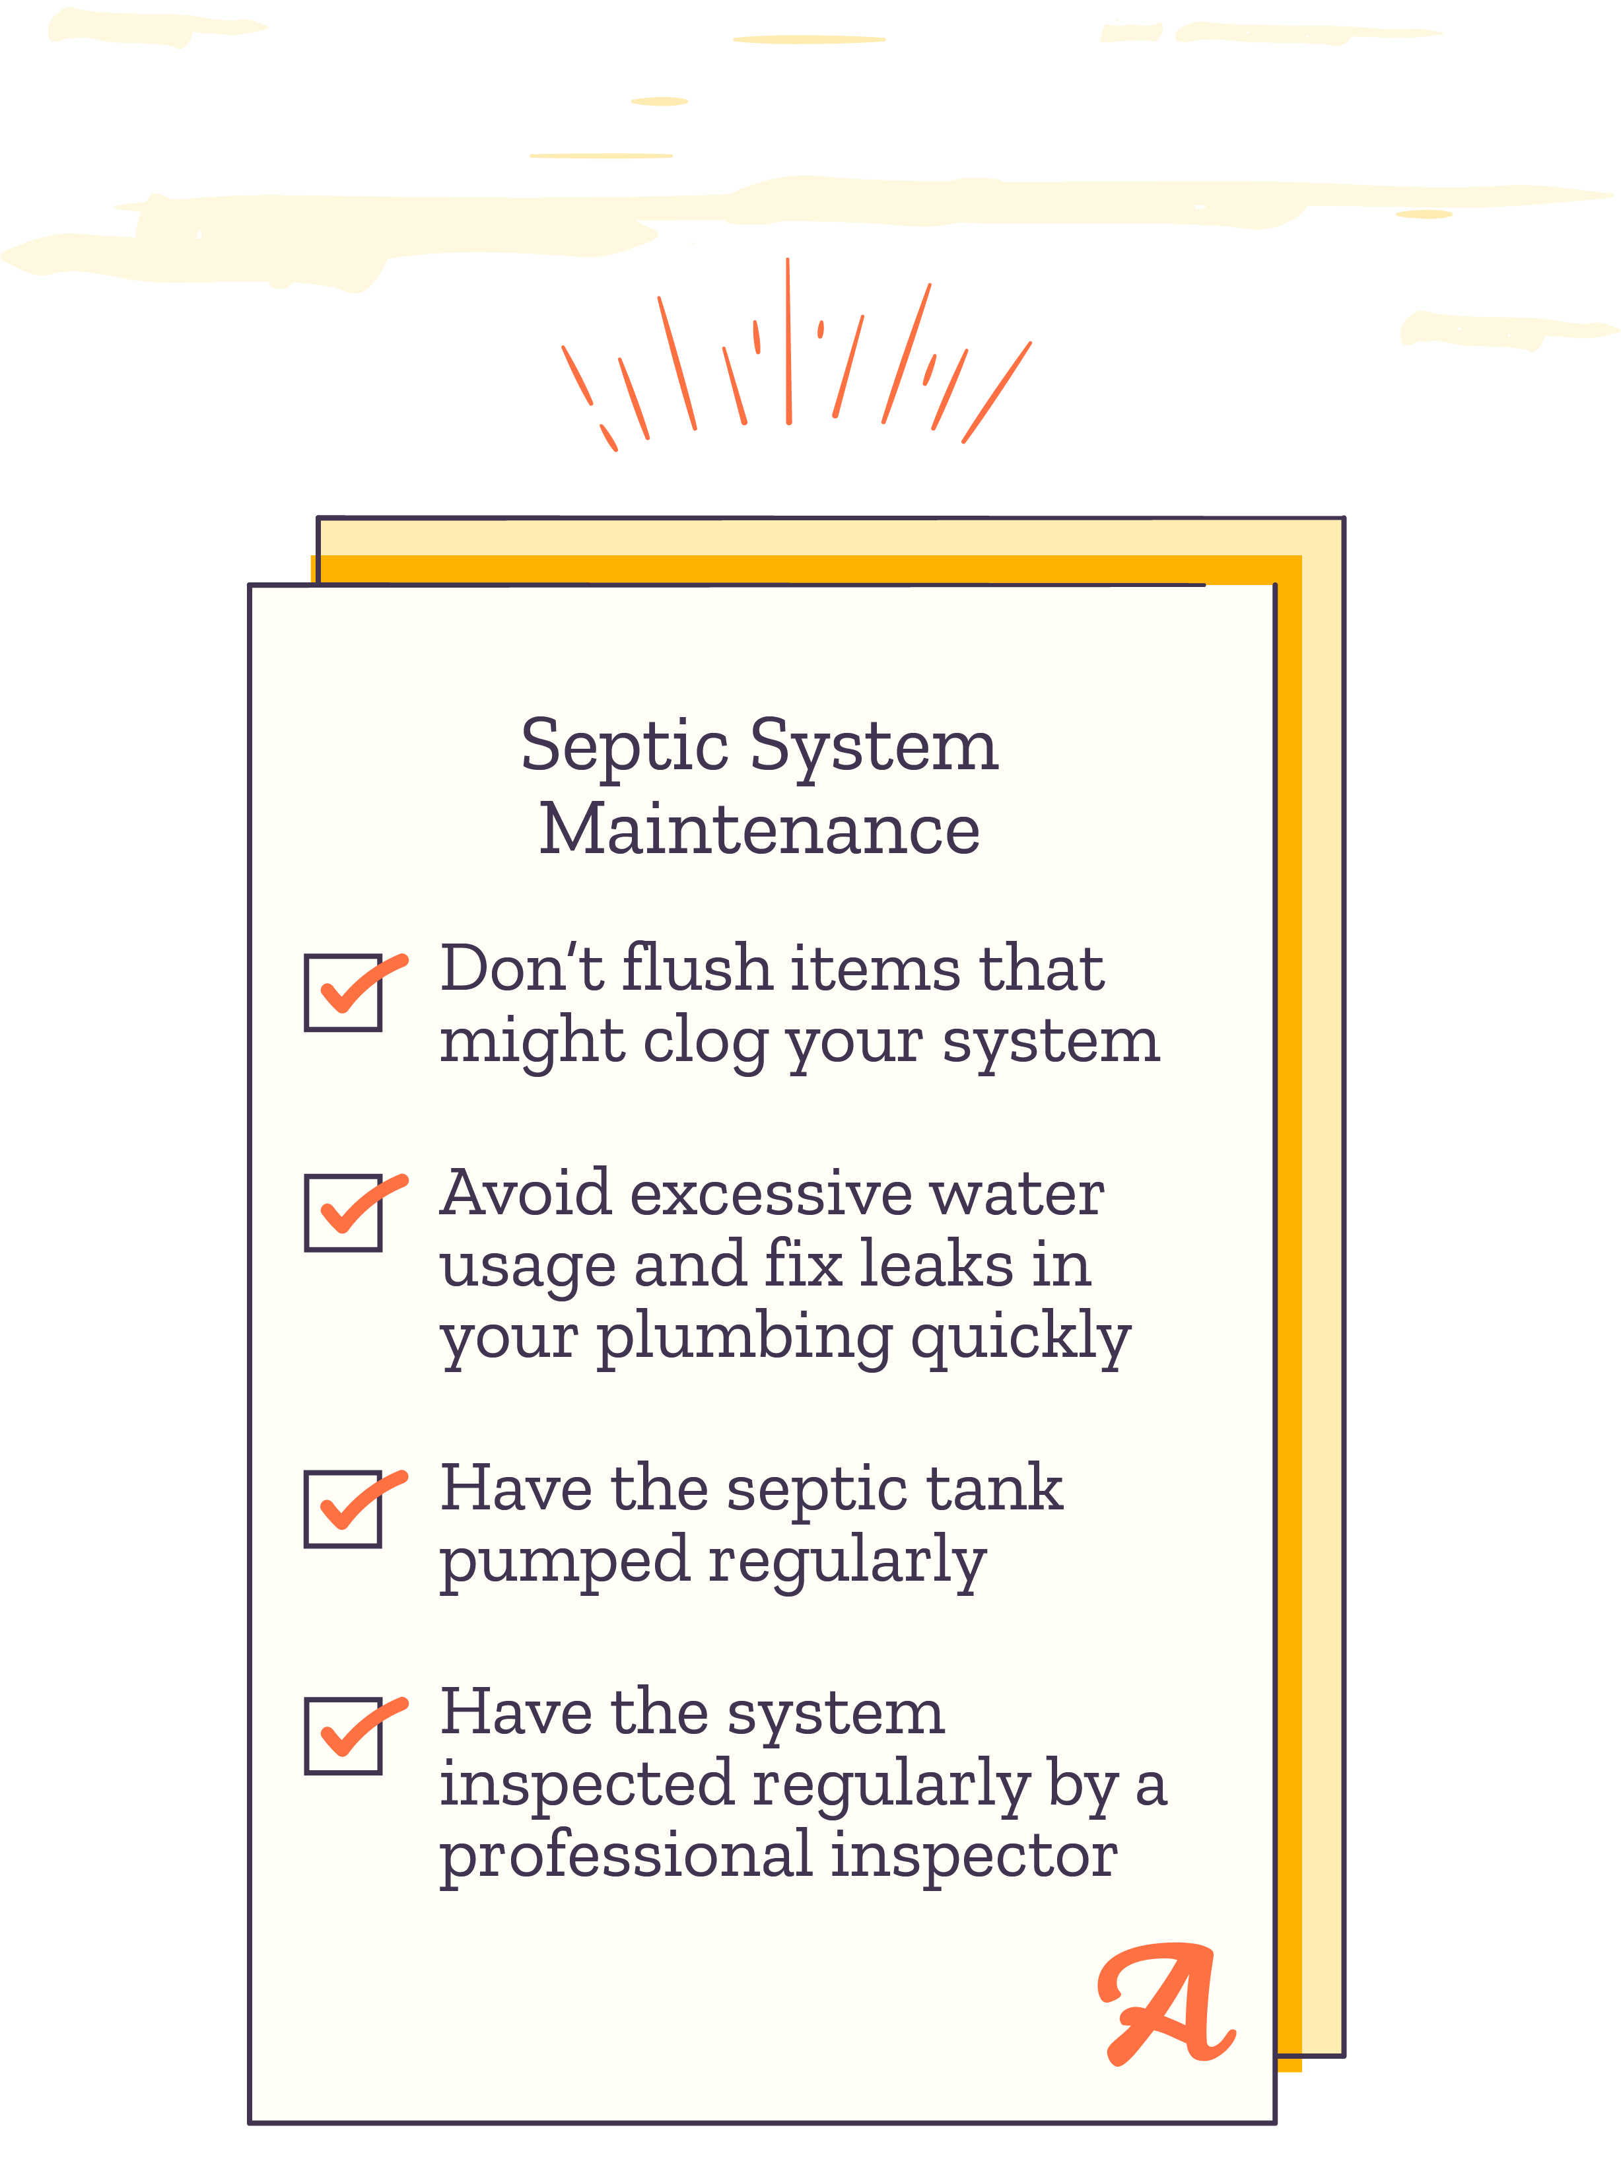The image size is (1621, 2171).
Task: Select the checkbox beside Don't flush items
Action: pyautogui.click(x=343, y=993)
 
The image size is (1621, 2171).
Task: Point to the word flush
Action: pyautogui.click(x=697, y=967)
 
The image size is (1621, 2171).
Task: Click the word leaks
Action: pyautogui.click(x=937, y=1264)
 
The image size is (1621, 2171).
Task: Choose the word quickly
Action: pyautogui.click(x=1021, y=1339)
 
